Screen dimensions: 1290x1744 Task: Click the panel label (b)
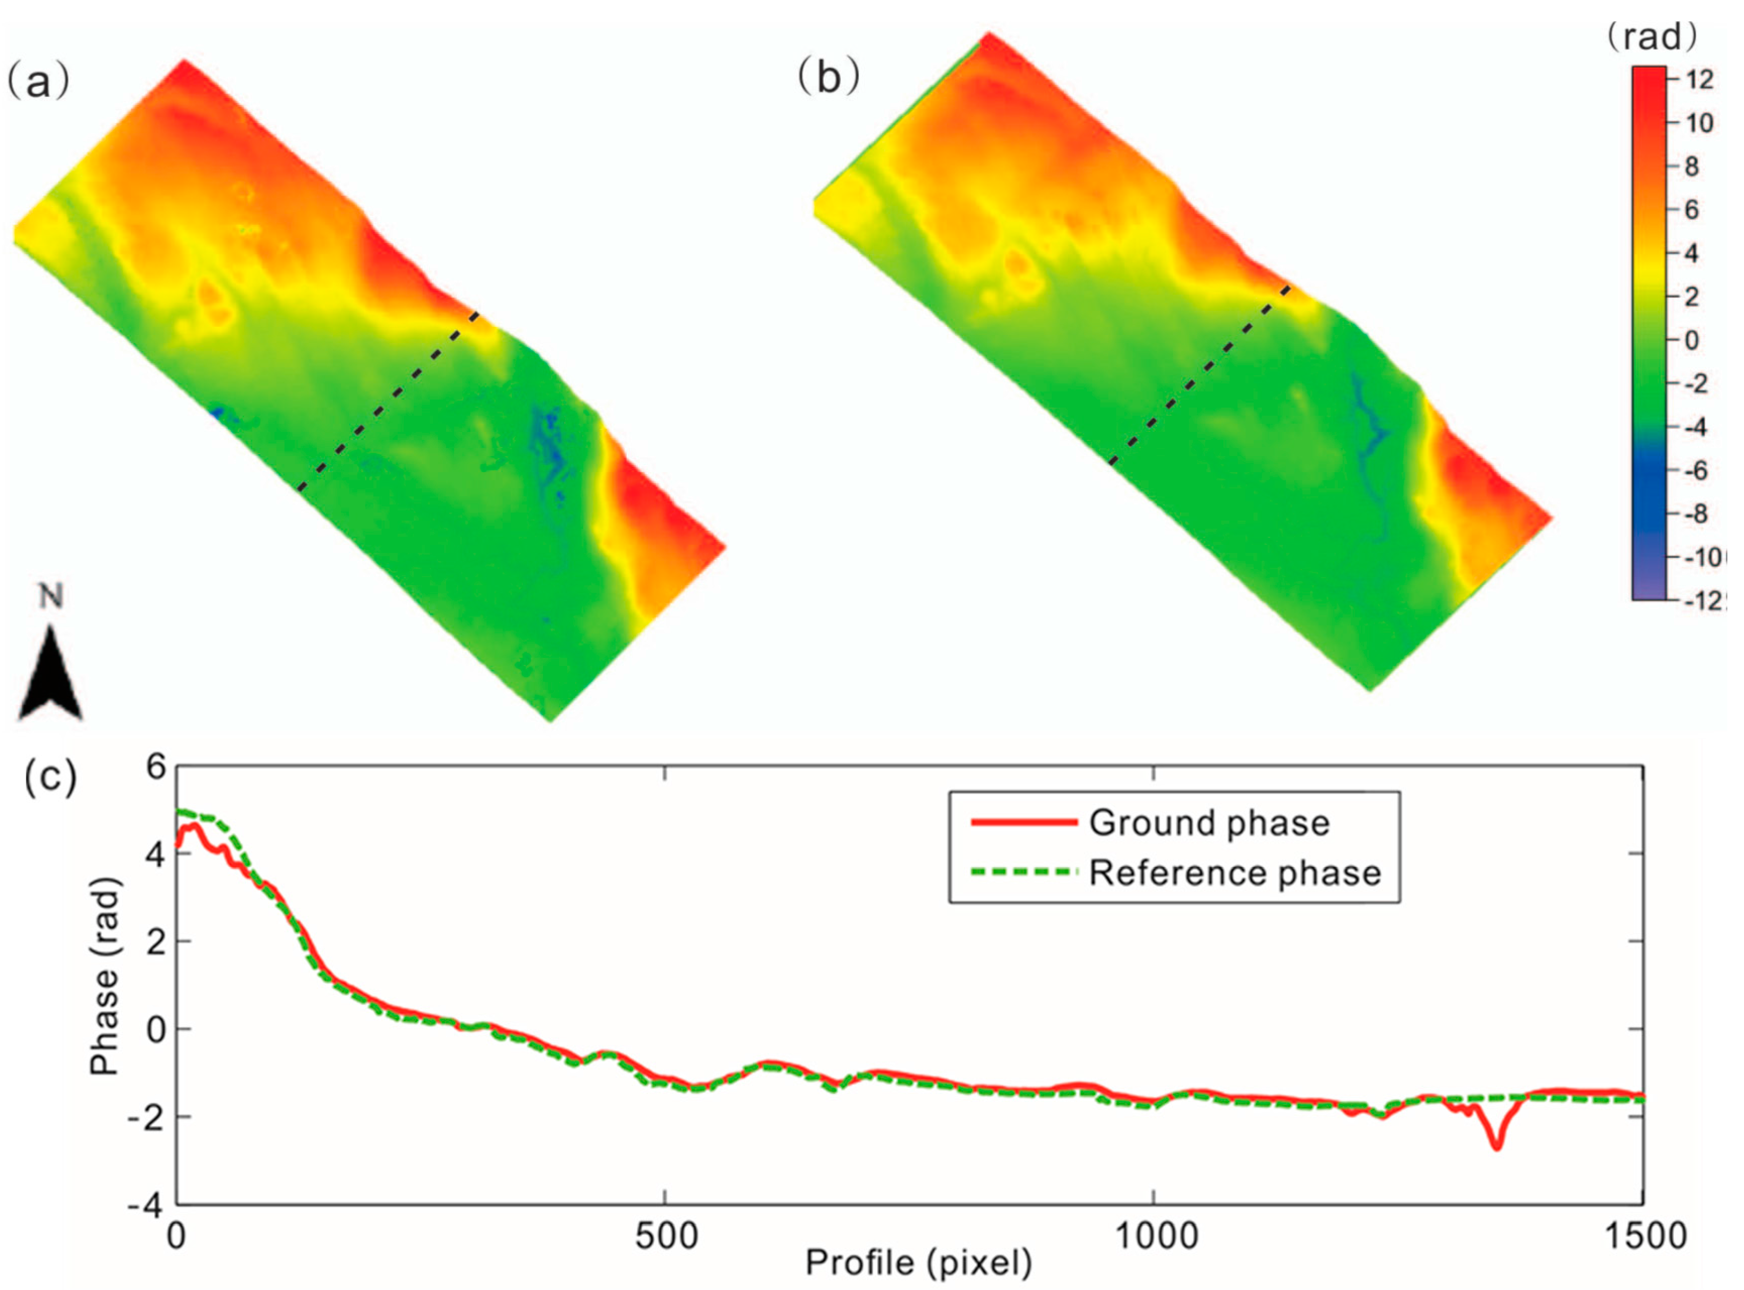829,77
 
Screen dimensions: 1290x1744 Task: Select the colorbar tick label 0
1691,341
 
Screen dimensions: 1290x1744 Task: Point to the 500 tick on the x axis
666,1236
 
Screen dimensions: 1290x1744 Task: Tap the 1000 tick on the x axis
1154,1236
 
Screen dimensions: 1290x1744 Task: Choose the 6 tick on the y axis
156,768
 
